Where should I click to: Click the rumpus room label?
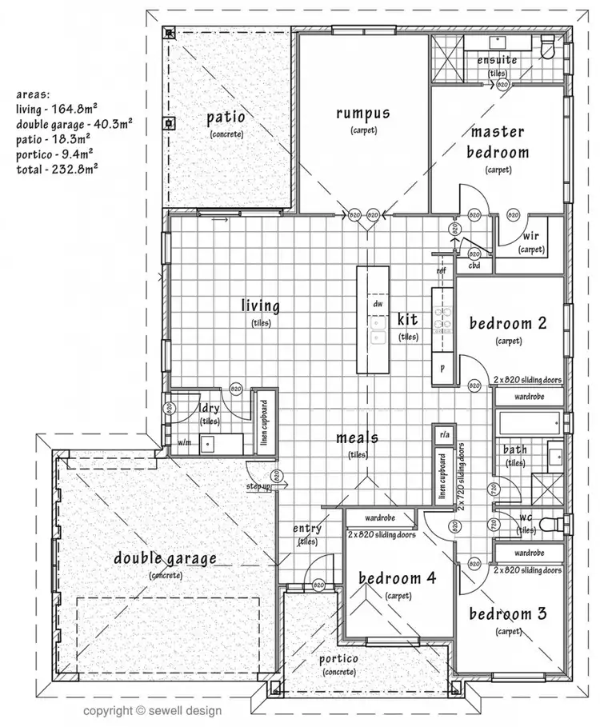[362, 114]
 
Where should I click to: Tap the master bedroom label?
[497, 142]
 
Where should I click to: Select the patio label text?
[226, 118]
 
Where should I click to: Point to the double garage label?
[165, 558]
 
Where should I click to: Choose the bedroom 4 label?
[397, 578]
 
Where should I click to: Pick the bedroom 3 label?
[508, 614]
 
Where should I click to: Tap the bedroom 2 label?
[508, 324]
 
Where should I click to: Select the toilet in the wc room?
[550, 524]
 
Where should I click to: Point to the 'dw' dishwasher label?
[378, 304]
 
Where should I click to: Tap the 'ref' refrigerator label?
[441, 270]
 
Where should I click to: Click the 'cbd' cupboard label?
[474, 266]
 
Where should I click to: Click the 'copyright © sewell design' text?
[154, 709]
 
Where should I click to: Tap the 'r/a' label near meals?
[442, 434]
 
